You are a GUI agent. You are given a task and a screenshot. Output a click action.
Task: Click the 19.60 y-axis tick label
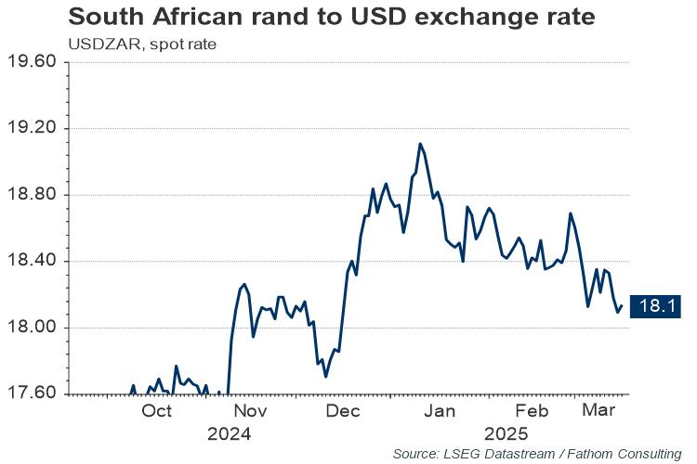tap(34, 62)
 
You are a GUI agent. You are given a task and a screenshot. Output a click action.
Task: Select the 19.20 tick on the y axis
tap(34, 128)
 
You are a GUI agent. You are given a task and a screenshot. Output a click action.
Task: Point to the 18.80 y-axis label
tap(34, 195)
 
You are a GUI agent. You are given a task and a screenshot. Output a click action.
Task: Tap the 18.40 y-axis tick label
tap(34, 261)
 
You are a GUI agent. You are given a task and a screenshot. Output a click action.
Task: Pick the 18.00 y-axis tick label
tap(34, 328)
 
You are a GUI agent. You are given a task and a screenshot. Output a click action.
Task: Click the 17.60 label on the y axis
tap(34, 393)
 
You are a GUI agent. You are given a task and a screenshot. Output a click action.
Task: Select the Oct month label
tap(157, 411)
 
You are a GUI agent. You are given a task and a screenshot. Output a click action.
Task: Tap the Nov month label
tap(251, 411)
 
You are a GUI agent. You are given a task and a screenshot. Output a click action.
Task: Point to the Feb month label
tap(532, 411)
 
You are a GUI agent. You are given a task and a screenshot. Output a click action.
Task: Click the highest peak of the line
tap(420, 144)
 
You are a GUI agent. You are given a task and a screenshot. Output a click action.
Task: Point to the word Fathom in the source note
tap(587, 454)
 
